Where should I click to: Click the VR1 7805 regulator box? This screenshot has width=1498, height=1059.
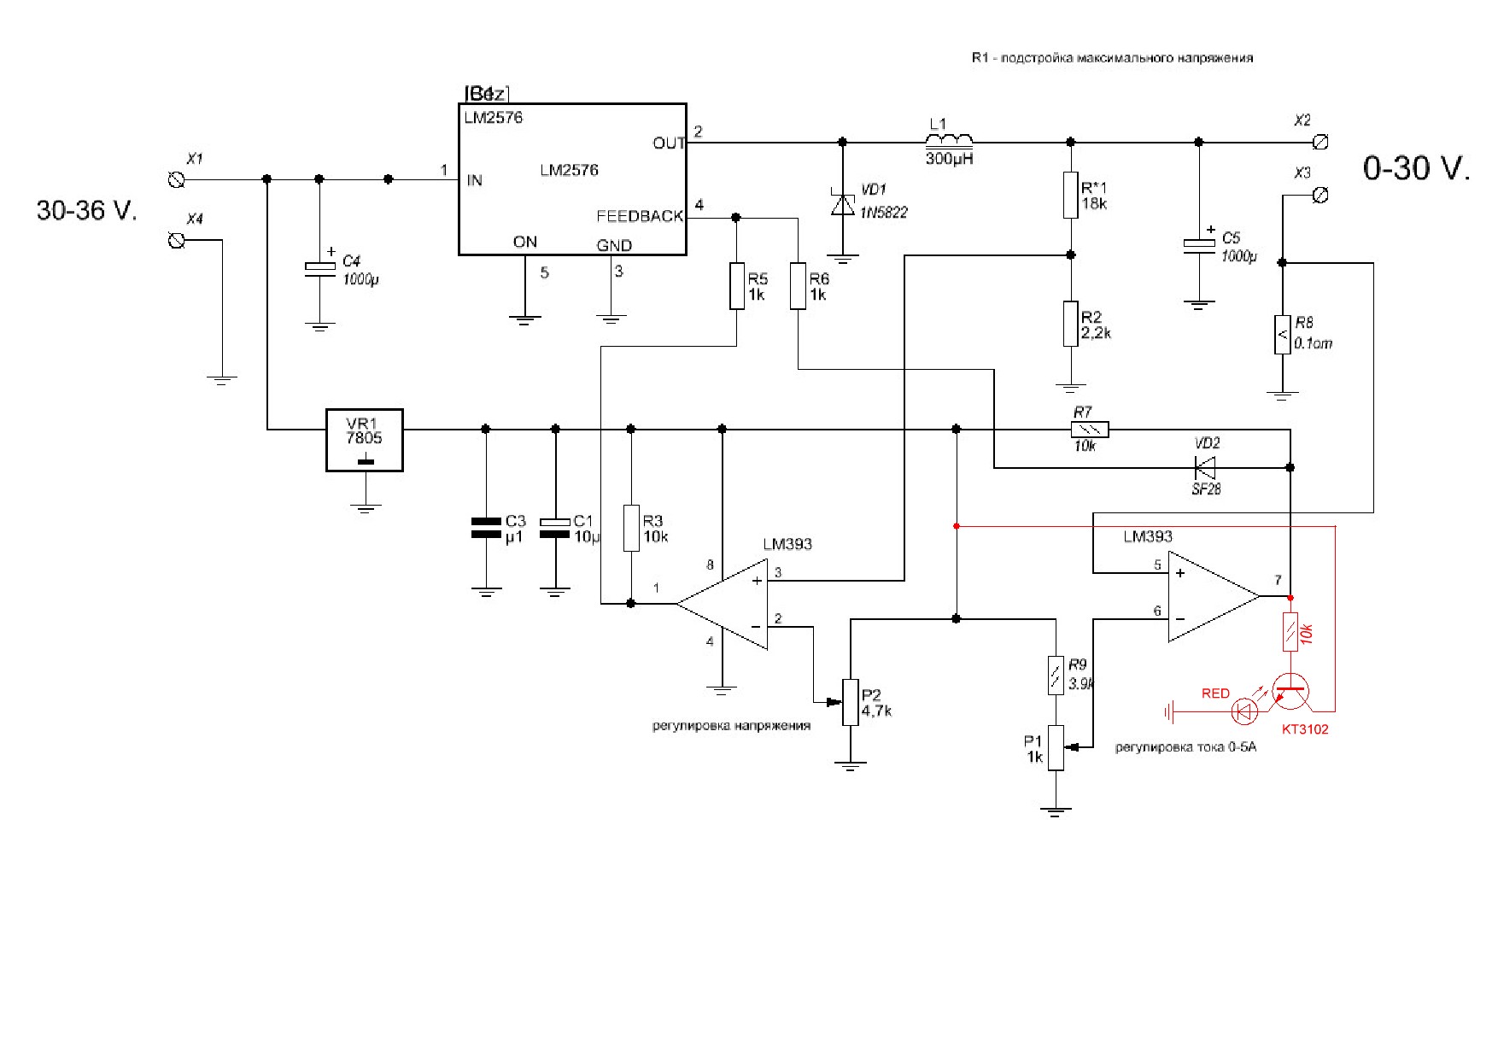365,440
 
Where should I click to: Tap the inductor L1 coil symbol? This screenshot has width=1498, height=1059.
949,142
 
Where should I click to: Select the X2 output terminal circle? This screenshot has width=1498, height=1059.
1321,142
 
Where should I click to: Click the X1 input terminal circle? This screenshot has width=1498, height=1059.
177,179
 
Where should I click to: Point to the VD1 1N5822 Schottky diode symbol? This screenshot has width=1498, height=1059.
843,205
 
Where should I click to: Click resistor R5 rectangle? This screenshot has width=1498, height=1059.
737,286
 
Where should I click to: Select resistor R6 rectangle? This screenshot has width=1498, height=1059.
798,286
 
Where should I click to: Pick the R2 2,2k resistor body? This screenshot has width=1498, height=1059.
1071,324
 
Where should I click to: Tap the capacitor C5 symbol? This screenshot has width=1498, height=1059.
1199,244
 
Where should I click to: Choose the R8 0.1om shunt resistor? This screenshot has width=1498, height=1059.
1282,334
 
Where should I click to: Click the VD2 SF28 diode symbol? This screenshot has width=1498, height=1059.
1205,467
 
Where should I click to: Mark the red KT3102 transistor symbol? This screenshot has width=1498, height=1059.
1290,692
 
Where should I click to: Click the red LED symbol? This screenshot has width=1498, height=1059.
1245,711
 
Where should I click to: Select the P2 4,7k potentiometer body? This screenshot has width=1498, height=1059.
850,702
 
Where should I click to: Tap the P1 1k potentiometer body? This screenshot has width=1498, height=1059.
1056,747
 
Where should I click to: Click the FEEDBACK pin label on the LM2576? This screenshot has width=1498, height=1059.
640,217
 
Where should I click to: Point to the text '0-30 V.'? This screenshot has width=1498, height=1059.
1416,168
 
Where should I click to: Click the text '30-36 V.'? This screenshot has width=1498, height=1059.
86,210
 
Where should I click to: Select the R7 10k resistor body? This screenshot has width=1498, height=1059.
1090,430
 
